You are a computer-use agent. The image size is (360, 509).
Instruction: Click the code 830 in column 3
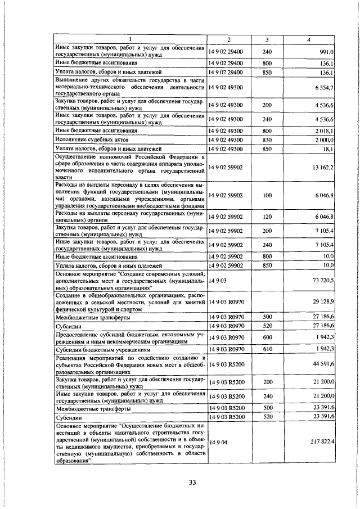coord(267,139)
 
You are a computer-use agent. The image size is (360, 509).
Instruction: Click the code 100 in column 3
coord(267,196)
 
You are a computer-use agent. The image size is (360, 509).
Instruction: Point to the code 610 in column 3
coord(267,349)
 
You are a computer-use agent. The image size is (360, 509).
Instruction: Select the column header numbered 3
coord(267,39)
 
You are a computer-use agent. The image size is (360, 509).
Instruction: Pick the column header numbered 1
coord(129,39)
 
